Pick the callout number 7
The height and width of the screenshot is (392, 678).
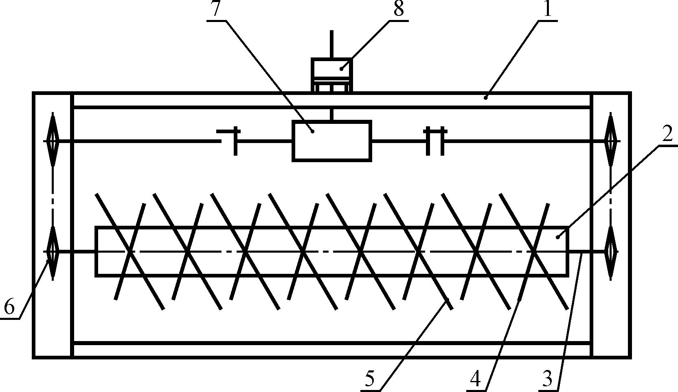216,10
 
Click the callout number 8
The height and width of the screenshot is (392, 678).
398,10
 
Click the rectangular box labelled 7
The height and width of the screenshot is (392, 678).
331,141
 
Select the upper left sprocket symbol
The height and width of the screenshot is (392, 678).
53,141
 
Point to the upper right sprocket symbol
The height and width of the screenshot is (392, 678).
610,141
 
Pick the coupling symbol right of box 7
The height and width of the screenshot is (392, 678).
435,141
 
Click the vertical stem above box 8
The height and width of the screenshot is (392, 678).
332,44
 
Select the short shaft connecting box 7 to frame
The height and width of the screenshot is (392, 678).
332,114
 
